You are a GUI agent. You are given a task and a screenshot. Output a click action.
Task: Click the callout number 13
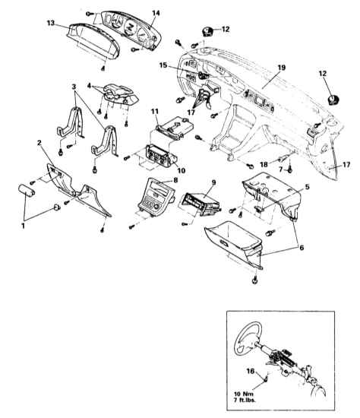pyautogui.click(x=51, y=23)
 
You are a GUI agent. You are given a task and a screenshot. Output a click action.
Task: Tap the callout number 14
pyautogui.click(x=156, y=13)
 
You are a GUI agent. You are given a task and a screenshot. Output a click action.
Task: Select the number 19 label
pyautogui.click(x=281, y=68)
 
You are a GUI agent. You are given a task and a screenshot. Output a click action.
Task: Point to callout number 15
pyautogui.click(x=163, y=65)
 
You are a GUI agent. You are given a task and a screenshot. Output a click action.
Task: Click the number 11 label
pyautogui.click(x=155, y=111)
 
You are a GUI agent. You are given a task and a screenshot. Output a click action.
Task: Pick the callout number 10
pyautogui.click(x=182, y=170)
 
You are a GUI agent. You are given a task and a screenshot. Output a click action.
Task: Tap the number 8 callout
pyautogui.click(x=175, y=180)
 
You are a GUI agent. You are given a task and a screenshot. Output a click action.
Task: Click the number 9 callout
pyautogui.click(x=213, y=182)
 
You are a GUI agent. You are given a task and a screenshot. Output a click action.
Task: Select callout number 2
pyautogui.click(x=39, y=143)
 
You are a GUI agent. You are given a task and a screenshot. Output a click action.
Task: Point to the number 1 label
pyautogui.click(x=24, y=226)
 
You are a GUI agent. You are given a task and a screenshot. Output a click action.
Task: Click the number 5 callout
pyautogui.click(x=308, y=187)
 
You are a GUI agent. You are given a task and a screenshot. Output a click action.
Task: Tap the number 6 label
pyautogui.click(x=302, y=248)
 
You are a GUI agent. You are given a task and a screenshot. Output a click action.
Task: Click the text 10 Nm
pyautogui.click(x=244, y=394)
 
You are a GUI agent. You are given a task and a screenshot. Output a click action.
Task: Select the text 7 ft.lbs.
pyautogui.click(x=245, y=400)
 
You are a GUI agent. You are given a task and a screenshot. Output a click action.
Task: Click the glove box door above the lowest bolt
pyautogui.click(x=233, y=243)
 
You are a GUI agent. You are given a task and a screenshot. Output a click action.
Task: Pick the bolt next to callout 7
pyautogui.click(x=290, y=169)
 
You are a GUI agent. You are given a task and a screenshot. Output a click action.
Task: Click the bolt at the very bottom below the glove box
pyautogui.click(x=254, y=280)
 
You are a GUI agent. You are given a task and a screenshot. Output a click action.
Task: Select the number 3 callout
pyautogui.click(x=74, y=87)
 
